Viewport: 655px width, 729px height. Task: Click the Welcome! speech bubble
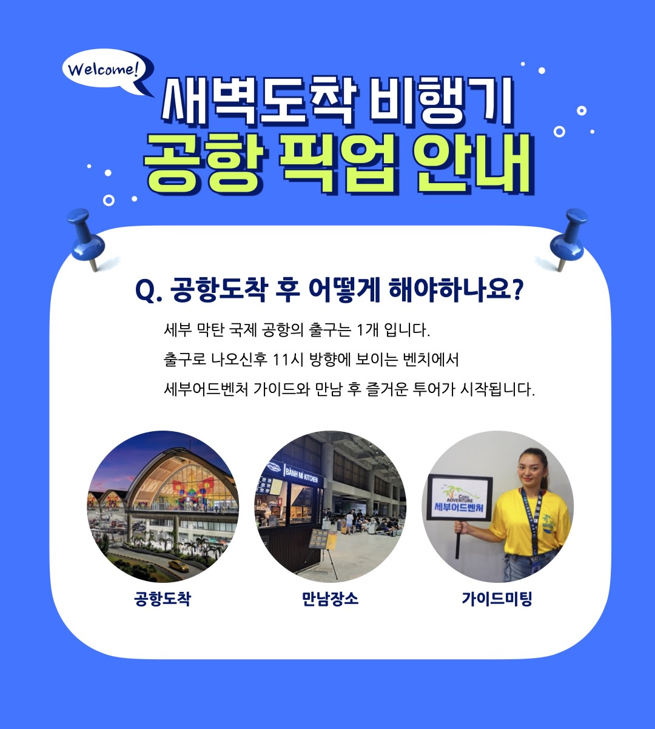(104, 70)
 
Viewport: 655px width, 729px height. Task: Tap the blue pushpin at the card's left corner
(86, 239)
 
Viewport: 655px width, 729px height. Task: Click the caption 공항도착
(163, 599)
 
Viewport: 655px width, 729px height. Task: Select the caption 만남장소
(330, 599)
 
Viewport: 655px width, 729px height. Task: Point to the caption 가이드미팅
(497, 599)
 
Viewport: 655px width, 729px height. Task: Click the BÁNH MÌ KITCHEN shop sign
(301, 475)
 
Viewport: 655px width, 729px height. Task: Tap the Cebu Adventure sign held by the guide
(460, 499)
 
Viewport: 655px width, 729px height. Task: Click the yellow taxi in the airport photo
(178, 566)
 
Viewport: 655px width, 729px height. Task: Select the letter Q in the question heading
(145, 291)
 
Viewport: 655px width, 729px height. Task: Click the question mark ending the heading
(517, 290)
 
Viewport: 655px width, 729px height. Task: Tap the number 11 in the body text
(281, 360)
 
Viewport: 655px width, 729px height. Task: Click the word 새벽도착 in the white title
(258, 101)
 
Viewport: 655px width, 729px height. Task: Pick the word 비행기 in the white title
(440, 101)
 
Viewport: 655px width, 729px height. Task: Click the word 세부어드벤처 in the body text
(206, 389)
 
